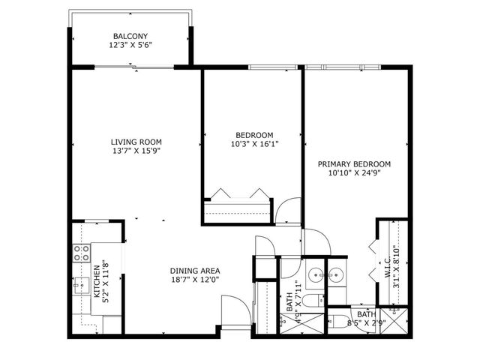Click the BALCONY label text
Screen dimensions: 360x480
click(130, 36)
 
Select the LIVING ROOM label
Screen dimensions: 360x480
click(136, 142)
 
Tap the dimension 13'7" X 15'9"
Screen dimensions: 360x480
click(136, 151)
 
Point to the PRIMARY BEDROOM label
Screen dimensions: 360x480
click(354, 164)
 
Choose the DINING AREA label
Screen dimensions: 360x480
click(194, 271)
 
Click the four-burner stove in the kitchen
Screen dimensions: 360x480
click(81, 252)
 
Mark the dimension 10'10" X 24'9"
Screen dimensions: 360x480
click(354, 173)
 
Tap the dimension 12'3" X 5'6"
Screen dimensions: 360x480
click(130, 45)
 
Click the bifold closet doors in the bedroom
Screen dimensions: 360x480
click(238, 194)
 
